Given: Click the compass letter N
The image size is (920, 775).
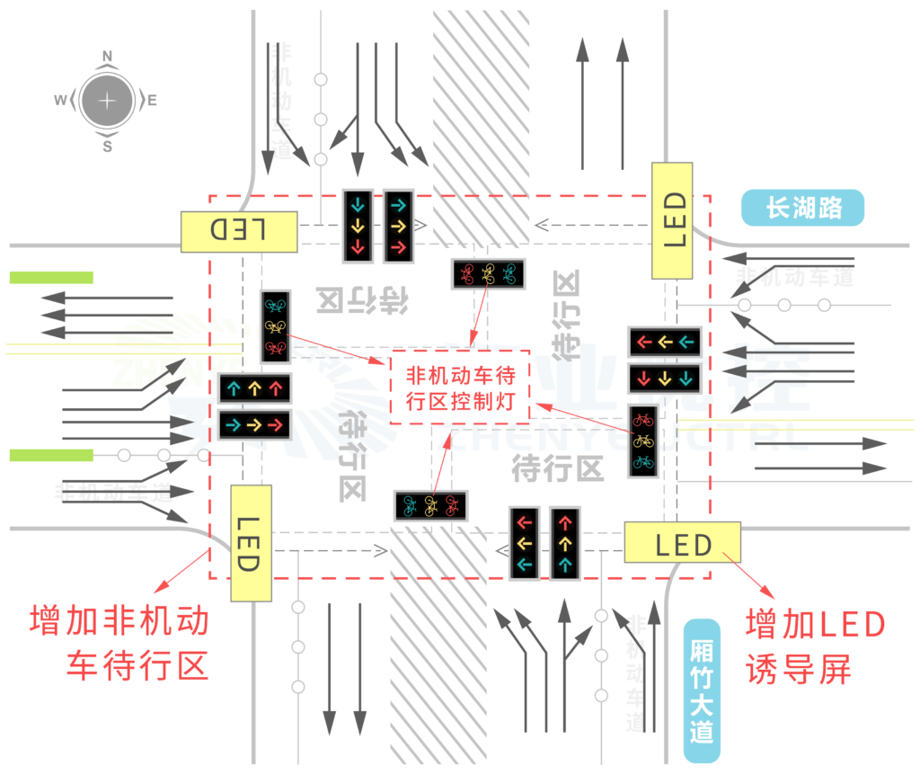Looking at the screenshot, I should click(x=107, y=56).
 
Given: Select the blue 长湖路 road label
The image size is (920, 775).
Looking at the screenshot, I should click(x=802, y=209).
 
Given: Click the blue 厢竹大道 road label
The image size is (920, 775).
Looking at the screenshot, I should click(x=703, y=681).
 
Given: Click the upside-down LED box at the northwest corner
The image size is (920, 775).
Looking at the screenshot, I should click(x=238, y=231).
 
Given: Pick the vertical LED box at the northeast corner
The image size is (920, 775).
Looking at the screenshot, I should click(x=673, y=221).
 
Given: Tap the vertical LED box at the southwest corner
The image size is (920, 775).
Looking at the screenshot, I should click(x=251, y=543).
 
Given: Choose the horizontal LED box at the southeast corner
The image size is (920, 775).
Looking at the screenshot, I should click(x=682, y=542).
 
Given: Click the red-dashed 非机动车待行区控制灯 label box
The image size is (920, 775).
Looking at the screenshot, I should click(x=460, y=387).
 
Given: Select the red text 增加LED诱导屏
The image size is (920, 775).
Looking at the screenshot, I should click(x=816, y=646).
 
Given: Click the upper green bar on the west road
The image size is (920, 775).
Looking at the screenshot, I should click(x=51, y=278).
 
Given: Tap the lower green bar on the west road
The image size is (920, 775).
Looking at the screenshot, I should click(x=51, y=455).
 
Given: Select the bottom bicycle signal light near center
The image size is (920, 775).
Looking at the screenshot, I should click(x=431, y=505).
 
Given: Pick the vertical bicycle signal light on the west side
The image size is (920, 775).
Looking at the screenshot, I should click(x=275, y=325).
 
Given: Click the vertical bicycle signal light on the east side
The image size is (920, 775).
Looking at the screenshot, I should click(x=643, y=441).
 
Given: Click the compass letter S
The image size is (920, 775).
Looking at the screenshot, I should click(x=107, y=147).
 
